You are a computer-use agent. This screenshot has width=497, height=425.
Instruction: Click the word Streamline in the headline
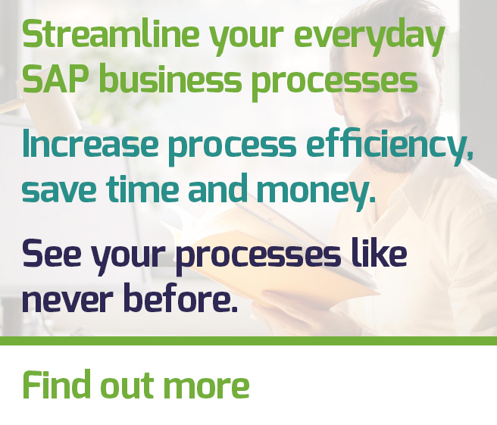pyautogui.click(x=111, y=33)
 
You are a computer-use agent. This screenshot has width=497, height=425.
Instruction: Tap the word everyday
pyautogui.click(x=369, y=37)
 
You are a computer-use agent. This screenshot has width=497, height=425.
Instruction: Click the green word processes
pyautogui.click(x=335, y=84)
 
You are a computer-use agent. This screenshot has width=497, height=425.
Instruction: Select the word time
pyautogui.click(x=142, y=189)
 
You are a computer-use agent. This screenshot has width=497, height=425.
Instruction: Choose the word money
pyautogui.click(x=316, y=192)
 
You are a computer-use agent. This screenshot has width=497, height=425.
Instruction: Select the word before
pyautogui.click(x=180, y=295)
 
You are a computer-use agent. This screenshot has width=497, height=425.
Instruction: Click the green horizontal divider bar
pyautogui.click(x=248, y=341)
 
